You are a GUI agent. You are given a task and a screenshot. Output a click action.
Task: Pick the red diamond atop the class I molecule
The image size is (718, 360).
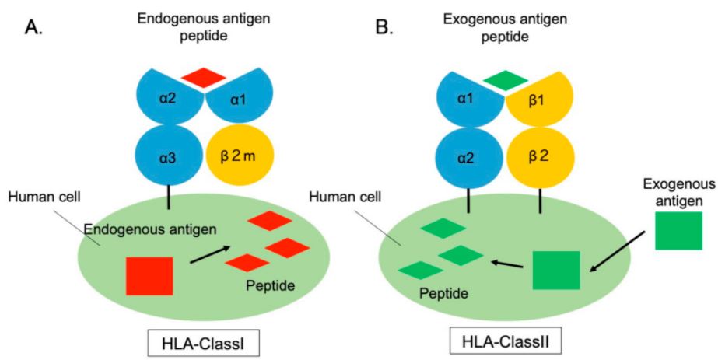pos(204,77)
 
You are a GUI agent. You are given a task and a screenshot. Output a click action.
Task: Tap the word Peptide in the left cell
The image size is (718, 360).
pos(270,285)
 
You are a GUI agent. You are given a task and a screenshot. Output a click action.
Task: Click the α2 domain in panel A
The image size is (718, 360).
pos(164,98)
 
